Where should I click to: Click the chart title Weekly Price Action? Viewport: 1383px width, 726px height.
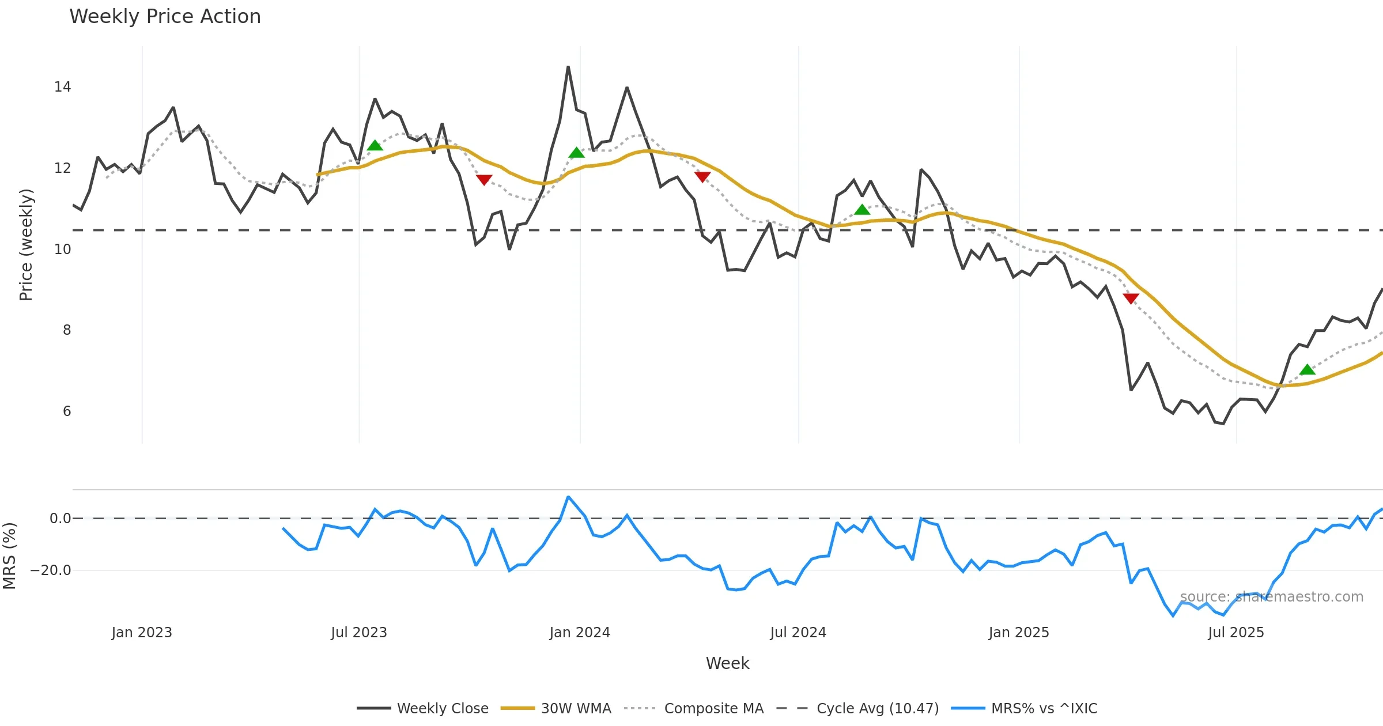165,17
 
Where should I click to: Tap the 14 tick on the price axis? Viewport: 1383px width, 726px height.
62,87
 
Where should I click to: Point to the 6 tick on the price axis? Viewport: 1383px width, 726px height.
67,411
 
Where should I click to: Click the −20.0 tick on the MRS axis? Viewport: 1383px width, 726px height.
51,570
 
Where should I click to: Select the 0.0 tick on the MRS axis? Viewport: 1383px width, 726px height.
60,519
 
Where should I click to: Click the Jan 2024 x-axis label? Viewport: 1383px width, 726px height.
580,633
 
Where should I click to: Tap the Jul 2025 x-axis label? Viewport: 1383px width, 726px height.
1236,633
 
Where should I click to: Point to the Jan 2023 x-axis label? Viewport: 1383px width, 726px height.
142,633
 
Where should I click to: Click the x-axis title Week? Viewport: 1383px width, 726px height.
728,664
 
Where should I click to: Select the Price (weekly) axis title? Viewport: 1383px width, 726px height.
26,245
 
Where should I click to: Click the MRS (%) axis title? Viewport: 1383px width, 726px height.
9,556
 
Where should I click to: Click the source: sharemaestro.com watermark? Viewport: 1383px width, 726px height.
1272,597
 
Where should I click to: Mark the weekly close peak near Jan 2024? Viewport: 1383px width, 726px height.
568,67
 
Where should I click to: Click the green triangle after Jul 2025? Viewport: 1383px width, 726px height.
1308,369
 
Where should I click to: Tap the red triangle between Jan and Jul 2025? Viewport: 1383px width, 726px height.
1131,298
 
